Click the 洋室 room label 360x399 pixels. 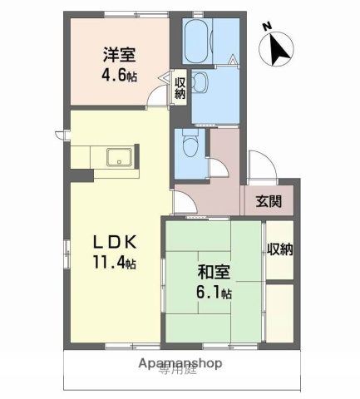tap(120, 56)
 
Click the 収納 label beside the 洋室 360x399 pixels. tap(180, 86)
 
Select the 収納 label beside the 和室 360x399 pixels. tap(279, 249)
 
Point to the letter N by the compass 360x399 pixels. tap(267, 27)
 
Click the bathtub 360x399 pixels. tap(198, 38)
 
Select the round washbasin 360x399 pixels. tap(200, 81)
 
